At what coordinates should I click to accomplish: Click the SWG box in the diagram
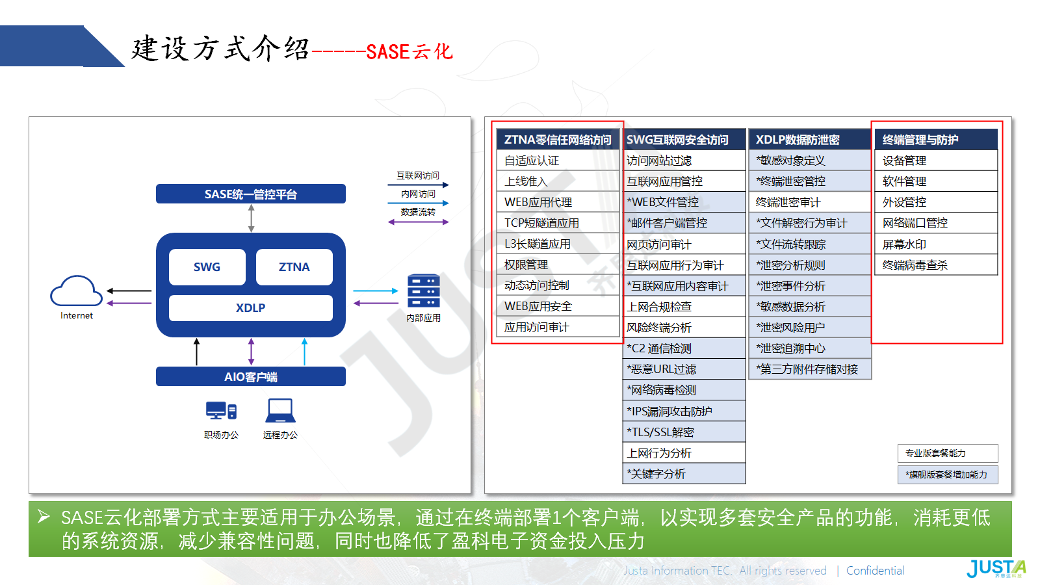(207, 267)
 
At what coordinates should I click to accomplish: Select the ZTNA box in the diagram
(294, 267)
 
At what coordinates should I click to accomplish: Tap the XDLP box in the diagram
(251, 308)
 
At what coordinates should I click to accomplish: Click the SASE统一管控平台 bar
(251, 194)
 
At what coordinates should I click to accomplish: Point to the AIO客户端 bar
(251, 376)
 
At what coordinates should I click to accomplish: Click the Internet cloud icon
(76, 291)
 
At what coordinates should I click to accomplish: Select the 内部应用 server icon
(423, 291)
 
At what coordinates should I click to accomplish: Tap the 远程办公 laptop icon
(280, 411)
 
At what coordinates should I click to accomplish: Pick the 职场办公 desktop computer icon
(221, 410)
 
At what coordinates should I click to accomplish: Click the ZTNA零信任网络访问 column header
(558, 139)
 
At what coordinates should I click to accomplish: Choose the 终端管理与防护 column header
(936, 139)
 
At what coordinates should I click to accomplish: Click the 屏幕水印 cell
(936, 244)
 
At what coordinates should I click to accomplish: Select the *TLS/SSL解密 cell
(684, 432)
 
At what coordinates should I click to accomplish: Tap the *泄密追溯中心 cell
(810, 348)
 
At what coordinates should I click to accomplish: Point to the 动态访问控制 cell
(558, 285)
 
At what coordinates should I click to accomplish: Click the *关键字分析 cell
(684, 474)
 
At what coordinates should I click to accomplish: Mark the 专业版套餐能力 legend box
(948, 453)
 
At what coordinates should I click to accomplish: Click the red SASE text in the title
(387, 51)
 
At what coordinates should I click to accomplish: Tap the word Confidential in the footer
(875, 571)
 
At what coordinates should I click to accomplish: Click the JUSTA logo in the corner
(996, 568)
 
